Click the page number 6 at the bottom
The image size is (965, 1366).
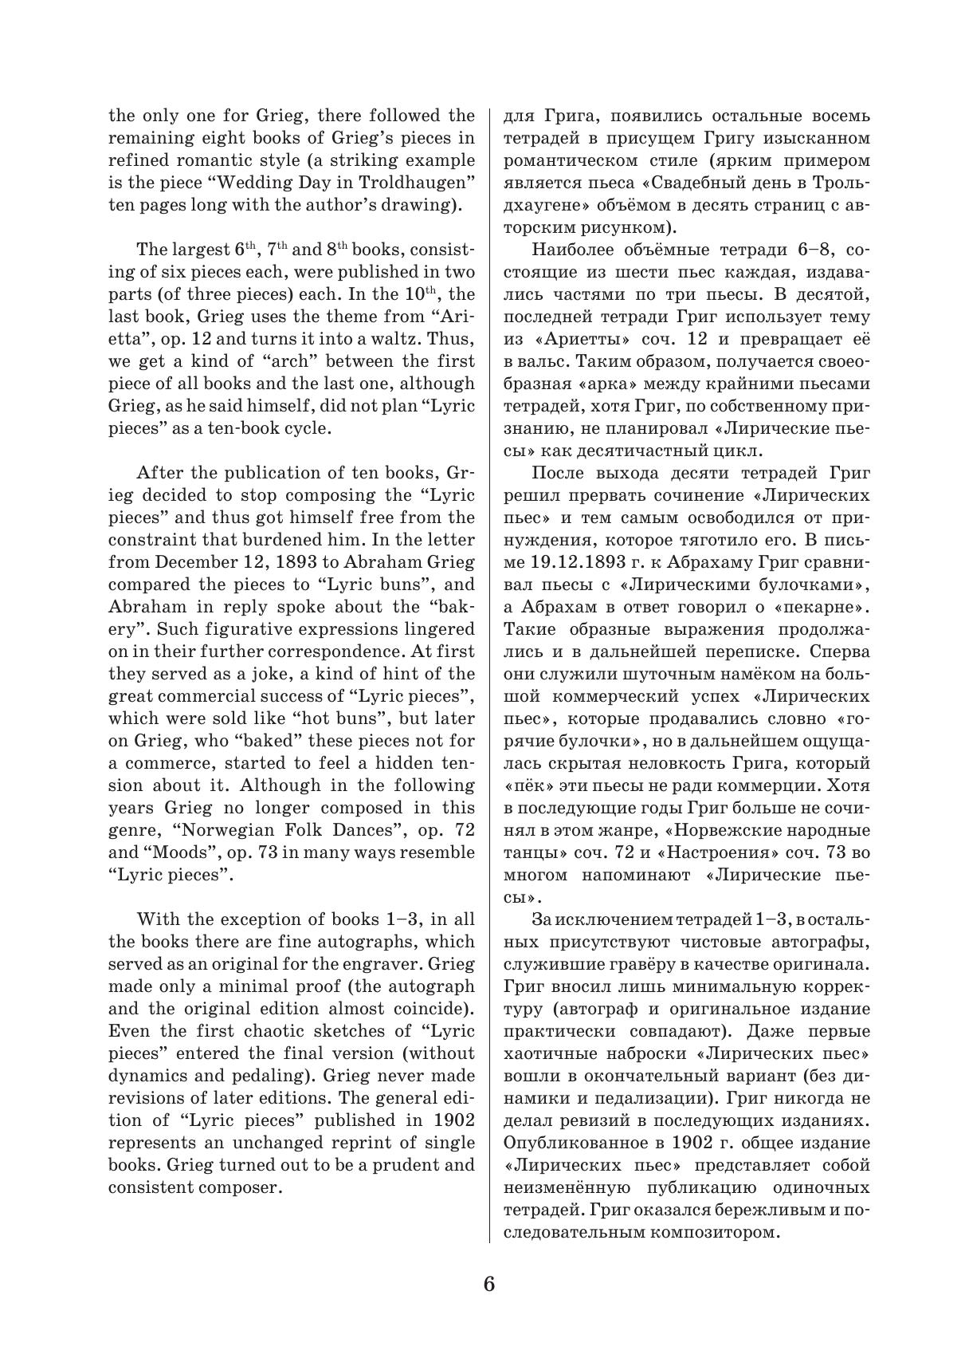pos(488,1284)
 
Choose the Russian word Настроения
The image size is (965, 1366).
pos(730,852)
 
